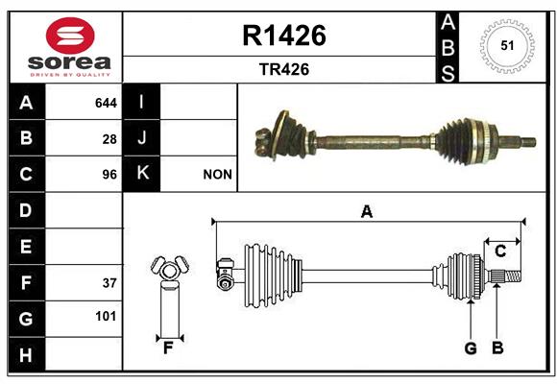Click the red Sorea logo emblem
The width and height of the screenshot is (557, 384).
(70, 36)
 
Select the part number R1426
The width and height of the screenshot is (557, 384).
(284, 36)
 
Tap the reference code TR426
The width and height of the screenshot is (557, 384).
(284, 69)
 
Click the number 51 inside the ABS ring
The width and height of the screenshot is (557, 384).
(507, 46)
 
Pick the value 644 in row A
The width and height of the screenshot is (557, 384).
(106, 103)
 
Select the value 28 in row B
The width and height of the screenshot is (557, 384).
(109, 139)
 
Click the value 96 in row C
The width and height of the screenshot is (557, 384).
(109, 175)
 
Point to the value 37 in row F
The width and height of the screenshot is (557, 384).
(109, 283)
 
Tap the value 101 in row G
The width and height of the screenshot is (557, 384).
(106, 316)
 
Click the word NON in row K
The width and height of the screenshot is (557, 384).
(217, 175)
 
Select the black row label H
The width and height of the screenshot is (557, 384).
(27, 354)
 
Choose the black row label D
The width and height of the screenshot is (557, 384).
(27, 210)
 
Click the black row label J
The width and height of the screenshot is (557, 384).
(141, 138)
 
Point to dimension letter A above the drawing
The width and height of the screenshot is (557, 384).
(367, 212)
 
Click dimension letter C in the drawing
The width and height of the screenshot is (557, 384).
(500, 252)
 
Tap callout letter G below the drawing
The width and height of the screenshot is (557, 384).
(471, 348)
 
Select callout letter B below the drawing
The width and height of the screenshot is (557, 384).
(497, 348)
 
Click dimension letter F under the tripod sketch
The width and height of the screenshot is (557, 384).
(168, 348)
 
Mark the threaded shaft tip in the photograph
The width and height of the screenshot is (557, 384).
(528, 142)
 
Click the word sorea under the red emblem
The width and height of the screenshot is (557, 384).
(69, 62)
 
